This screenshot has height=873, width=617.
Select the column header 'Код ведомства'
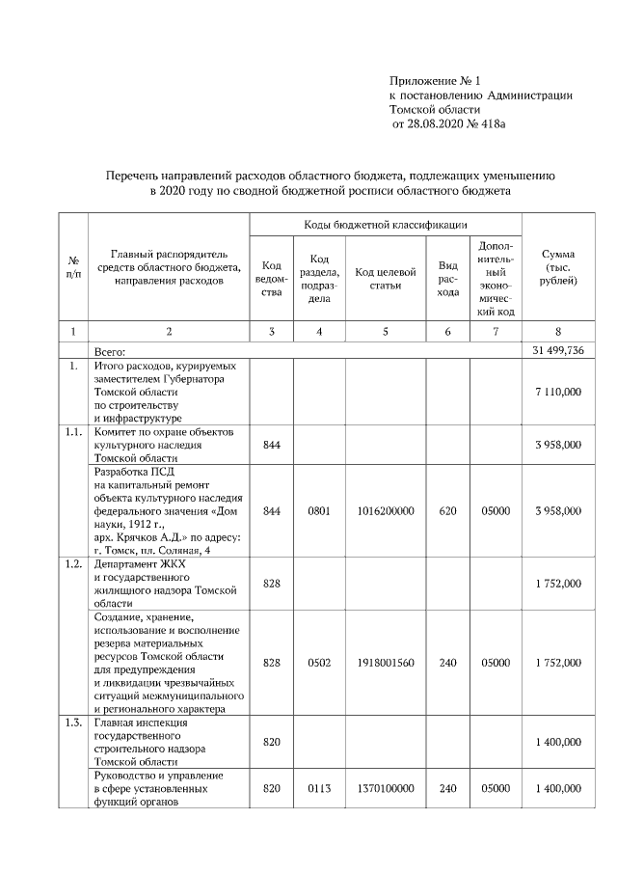[272, 279]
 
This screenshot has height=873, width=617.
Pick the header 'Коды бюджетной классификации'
[386, 225]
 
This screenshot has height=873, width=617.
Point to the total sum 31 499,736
[558, 349]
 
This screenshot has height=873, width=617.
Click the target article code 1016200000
[385, 510]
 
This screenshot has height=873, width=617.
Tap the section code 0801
[319, 510]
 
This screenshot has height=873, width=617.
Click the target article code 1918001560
[385, 663]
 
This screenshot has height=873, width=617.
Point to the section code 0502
[319, 663]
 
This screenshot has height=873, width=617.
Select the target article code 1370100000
[385, 788]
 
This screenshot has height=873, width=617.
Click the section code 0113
[319, 788]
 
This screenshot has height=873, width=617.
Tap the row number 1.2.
[73, 563]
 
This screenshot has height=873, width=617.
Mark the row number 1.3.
[73, 723]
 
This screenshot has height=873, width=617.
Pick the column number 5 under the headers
[385, 332]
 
